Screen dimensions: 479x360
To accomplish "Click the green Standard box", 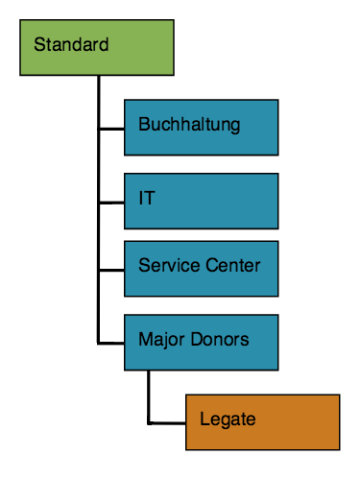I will [98, 46].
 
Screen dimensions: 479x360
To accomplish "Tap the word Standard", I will [70, 44].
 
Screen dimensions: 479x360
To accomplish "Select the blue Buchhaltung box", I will [201, 127].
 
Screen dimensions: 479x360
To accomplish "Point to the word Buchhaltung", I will [188, 125].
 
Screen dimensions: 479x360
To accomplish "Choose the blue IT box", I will [201, 201].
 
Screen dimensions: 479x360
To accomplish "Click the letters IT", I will [147, 199].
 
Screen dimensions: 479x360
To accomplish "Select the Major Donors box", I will [201, 341].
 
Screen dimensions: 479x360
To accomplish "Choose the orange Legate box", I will [262, 421].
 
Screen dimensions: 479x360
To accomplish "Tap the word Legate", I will [228, 419].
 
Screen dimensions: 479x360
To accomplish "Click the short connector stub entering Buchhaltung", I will [111, 127].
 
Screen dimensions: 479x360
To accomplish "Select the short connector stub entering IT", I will [111, 202].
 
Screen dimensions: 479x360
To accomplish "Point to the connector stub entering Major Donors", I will [111, 341].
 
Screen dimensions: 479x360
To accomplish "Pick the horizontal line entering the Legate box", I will [167, 421].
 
